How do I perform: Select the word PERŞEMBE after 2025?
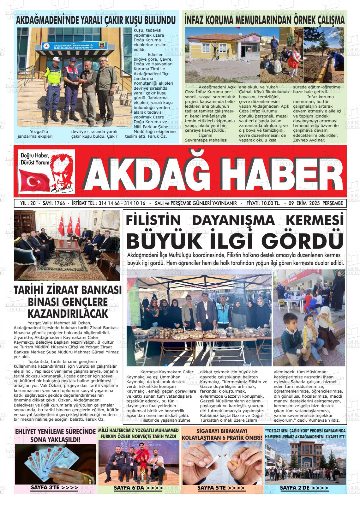(333, 203)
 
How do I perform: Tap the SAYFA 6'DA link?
(138, 488)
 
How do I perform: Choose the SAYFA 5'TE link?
(221, 488)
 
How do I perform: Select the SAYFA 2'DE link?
(304, 488)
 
